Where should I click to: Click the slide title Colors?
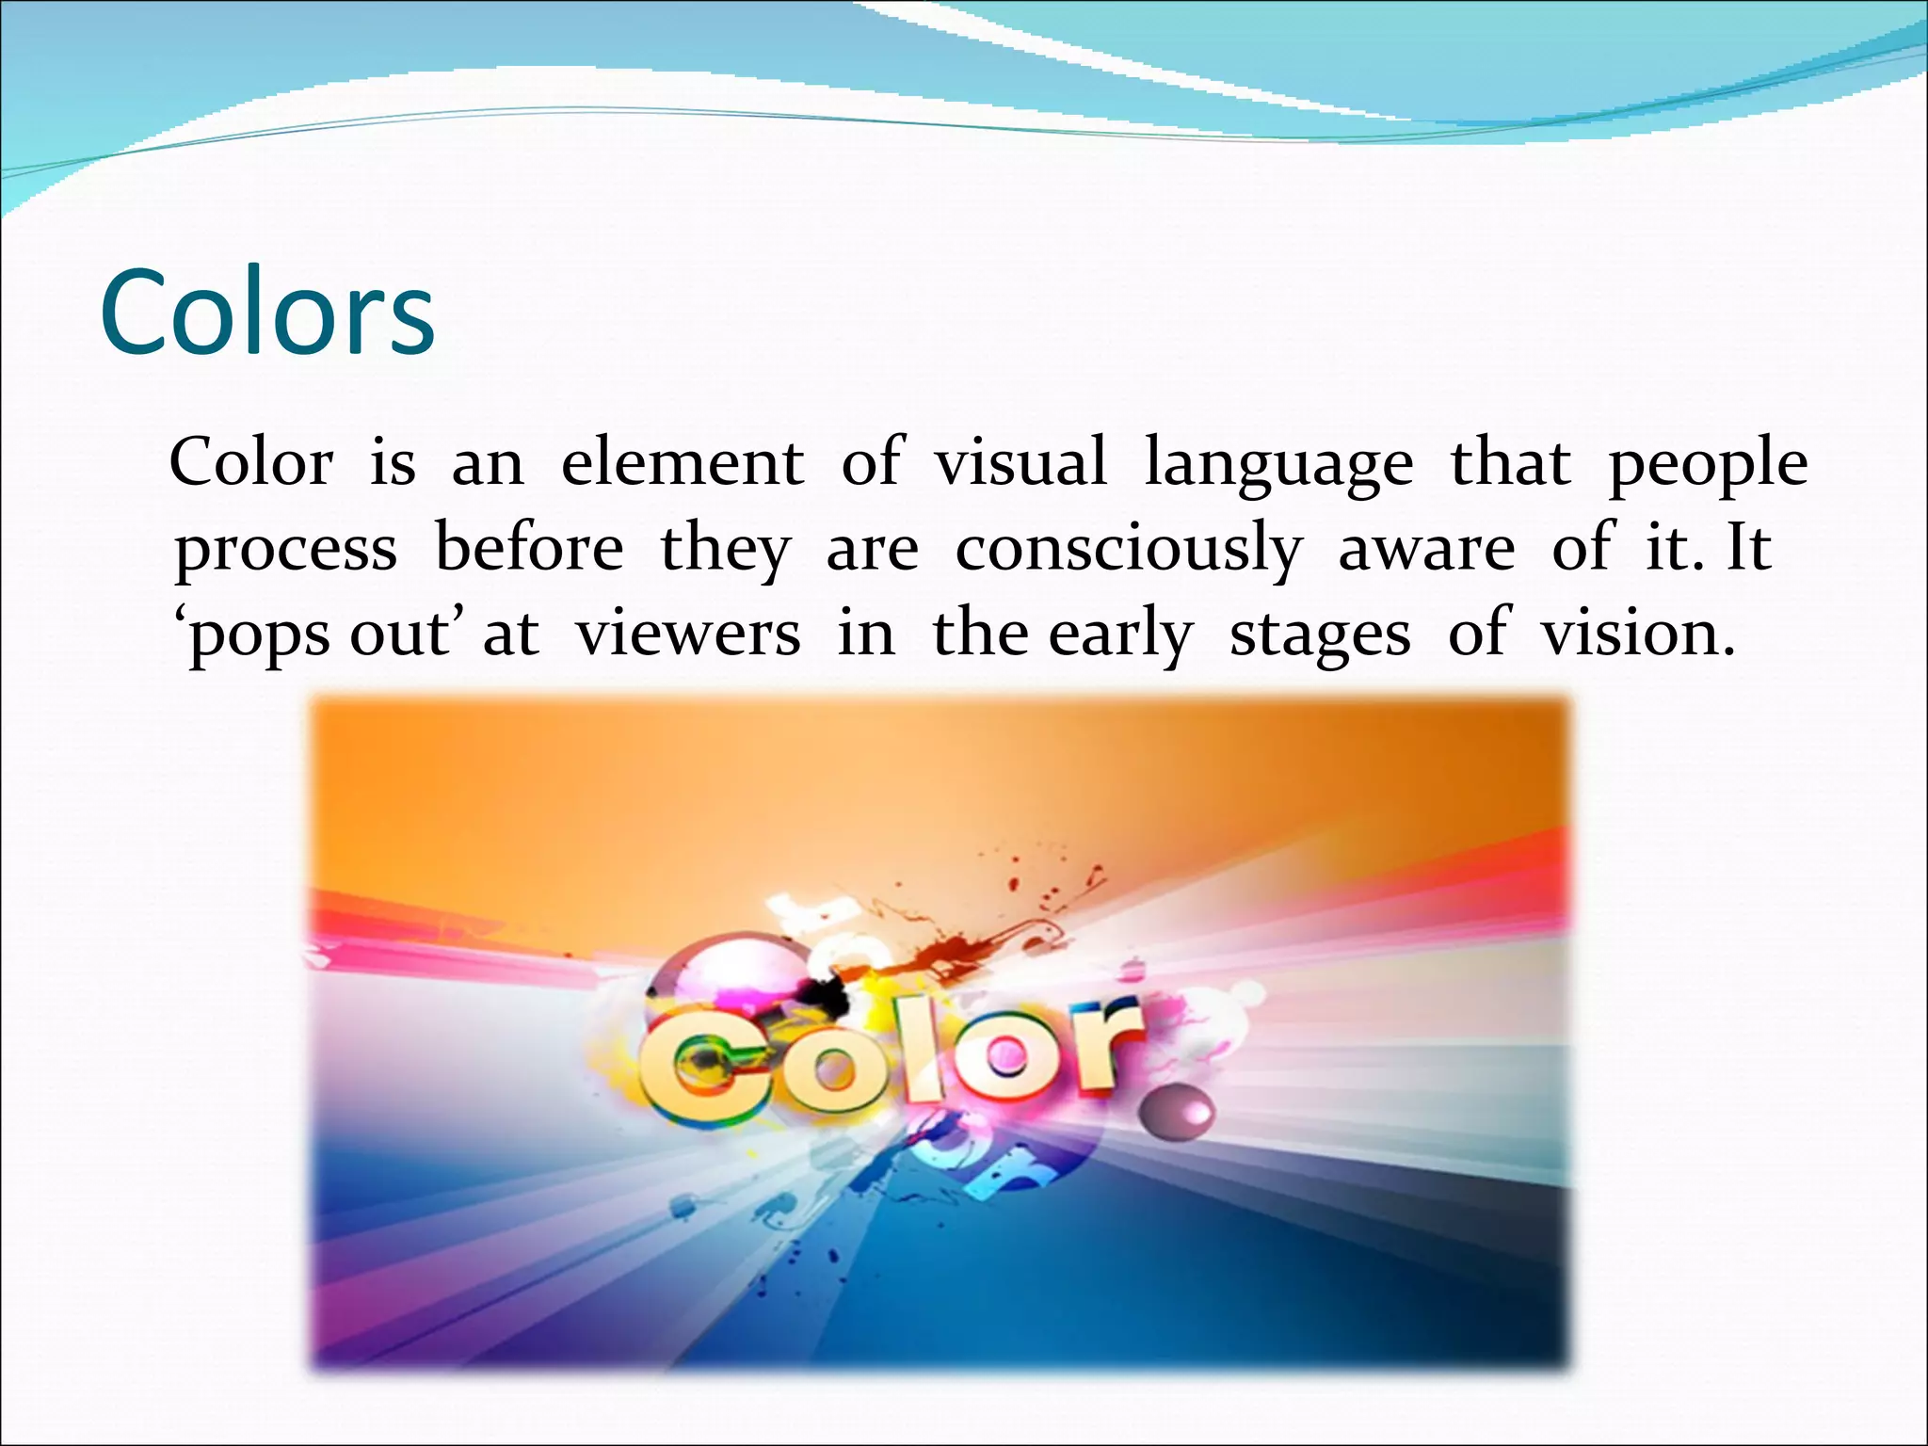(267, 313)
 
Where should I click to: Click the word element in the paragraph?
(683, 463)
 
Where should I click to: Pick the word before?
(529, 548)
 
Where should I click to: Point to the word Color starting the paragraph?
(251, 463)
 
